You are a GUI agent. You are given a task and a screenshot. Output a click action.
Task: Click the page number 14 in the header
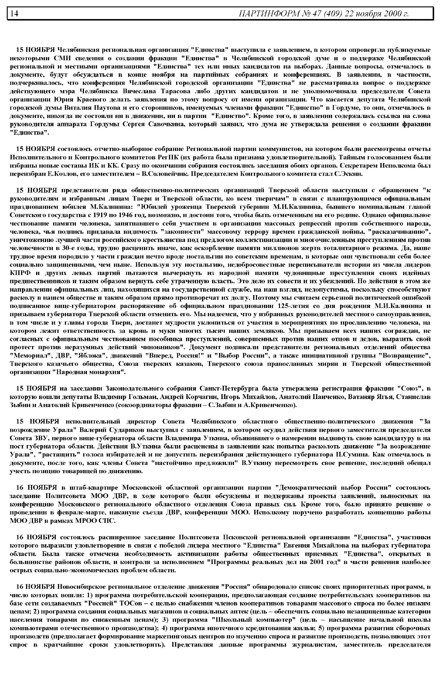14,13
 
